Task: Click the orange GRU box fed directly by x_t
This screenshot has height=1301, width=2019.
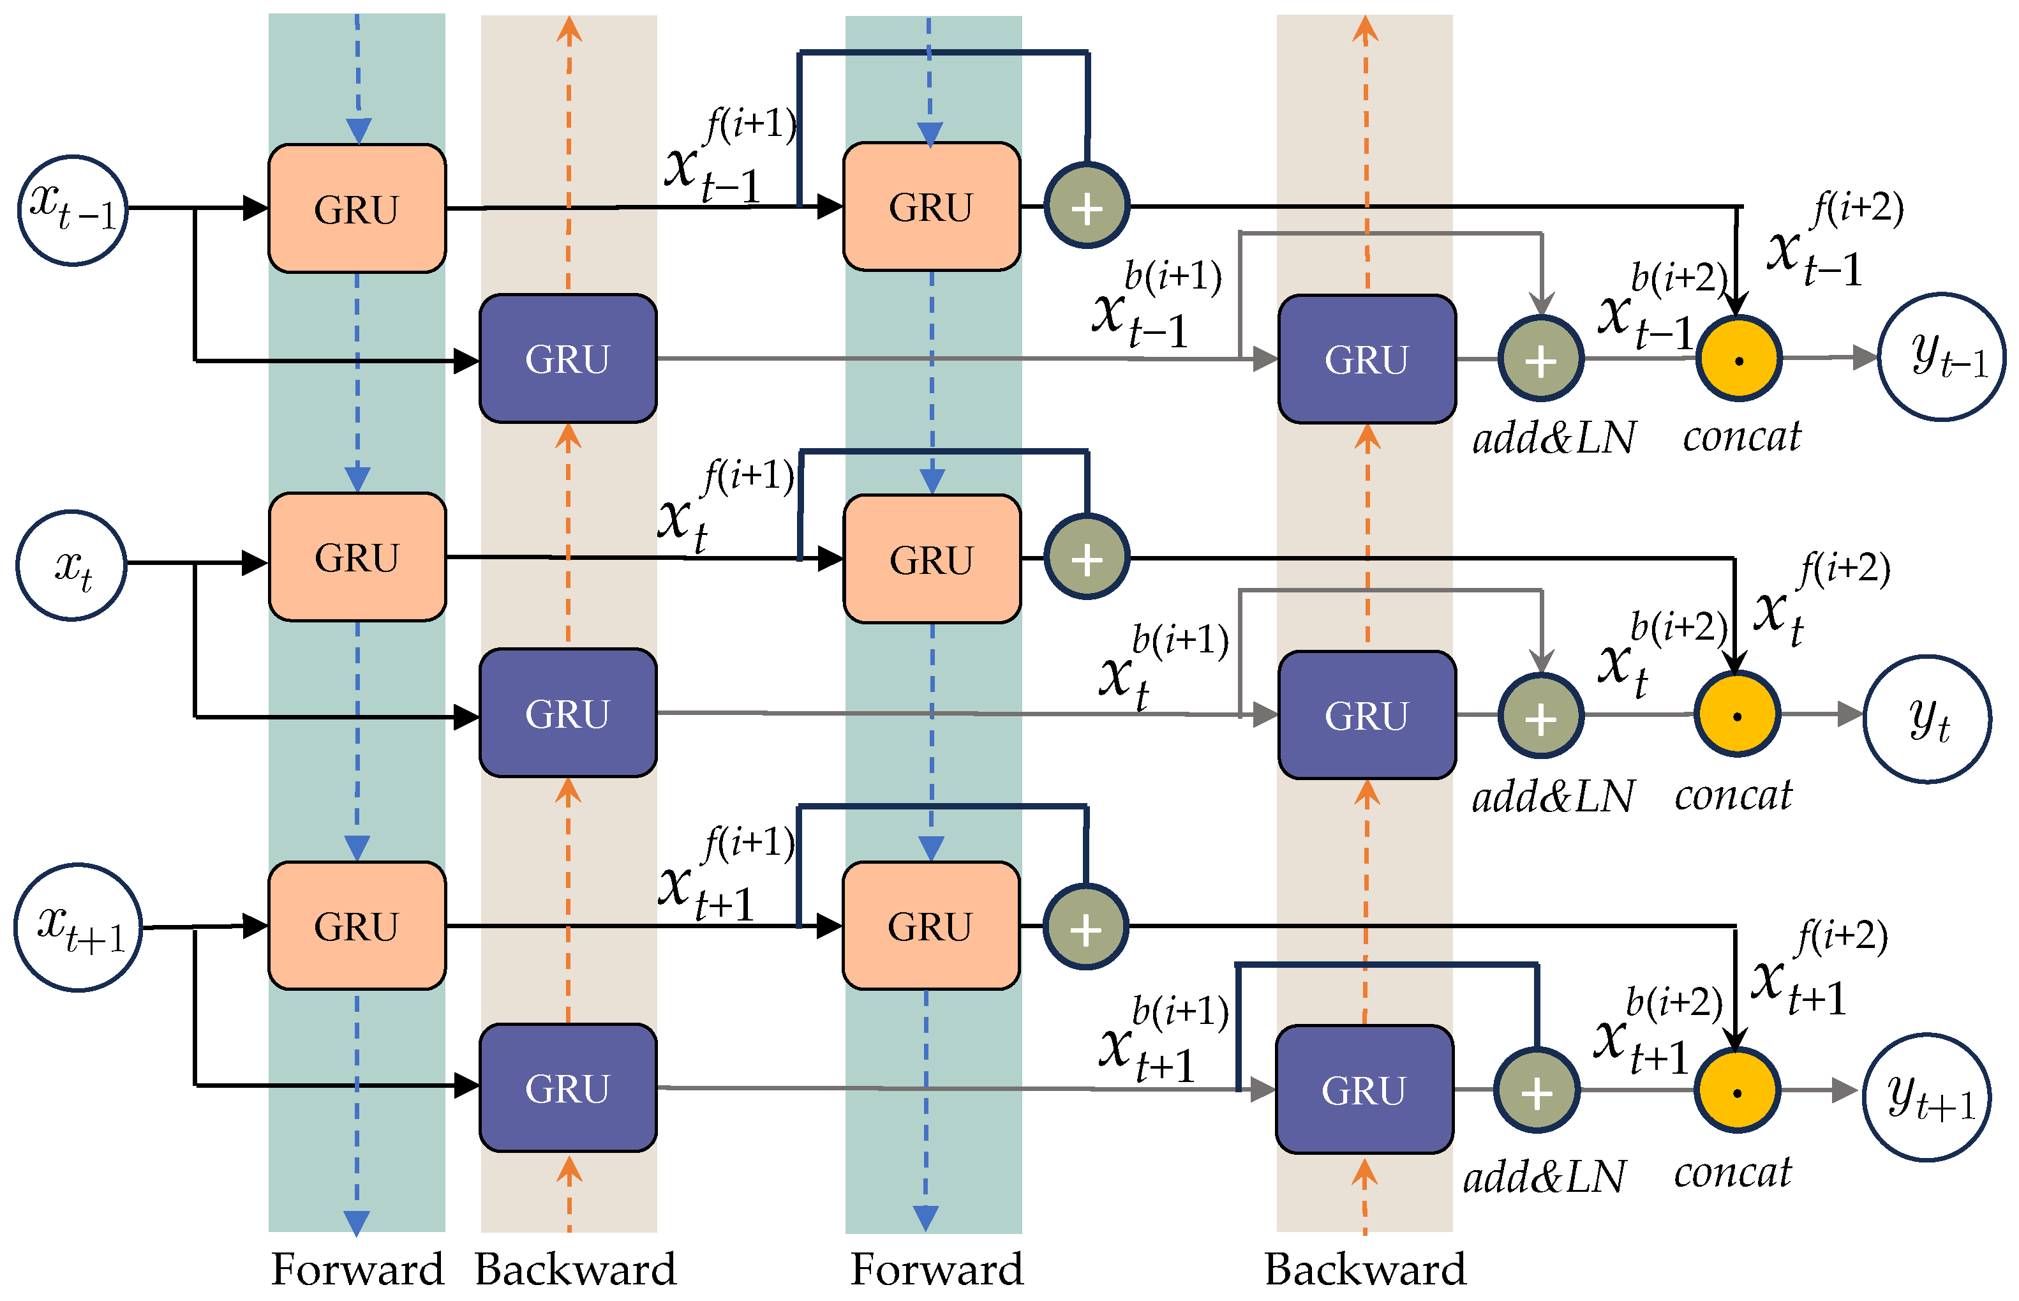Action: point(357,557)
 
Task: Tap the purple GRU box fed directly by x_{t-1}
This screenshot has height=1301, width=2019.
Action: point(567,358)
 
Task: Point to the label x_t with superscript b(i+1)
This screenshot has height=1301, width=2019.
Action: point(1164,667)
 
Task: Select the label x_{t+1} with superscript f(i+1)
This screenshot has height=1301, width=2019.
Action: point(727,875)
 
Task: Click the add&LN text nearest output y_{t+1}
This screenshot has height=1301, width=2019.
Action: point(1544,1176)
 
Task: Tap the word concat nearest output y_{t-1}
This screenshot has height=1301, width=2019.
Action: point(1742,436)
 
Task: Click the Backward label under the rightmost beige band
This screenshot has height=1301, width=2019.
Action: point(1366,1269)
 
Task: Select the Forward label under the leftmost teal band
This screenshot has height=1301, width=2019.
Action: point(357,1269)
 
